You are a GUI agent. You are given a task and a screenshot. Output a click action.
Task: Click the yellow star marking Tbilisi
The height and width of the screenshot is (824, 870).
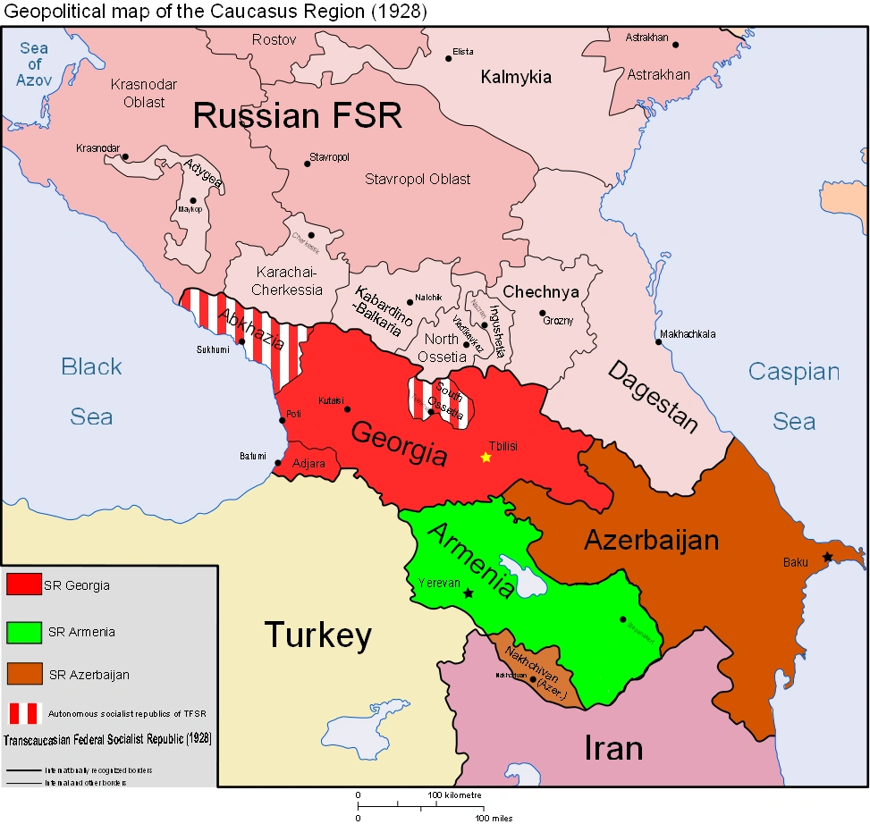tap(486, 458)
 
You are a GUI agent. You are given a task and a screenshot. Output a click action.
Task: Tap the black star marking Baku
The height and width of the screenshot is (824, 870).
tap(827, 557)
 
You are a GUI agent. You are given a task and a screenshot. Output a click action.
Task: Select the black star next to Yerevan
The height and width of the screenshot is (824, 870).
tap(467, 593)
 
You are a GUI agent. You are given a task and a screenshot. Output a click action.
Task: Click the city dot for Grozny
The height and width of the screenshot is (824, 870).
tap(542, 314)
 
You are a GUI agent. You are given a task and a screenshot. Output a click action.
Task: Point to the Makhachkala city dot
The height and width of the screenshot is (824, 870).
tap(658, 343)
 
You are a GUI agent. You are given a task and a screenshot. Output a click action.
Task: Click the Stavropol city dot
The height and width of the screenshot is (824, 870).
tap(308, 164)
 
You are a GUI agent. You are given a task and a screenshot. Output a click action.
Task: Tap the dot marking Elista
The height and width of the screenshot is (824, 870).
tap(449, 59)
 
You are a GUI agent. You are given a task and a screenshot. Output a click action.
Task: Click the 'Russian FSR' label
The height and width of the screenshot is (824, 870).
tap(298, 116)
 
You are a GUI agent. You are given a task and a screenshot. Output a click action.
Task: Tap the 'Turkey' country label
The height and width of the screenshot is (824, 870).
tap(317, 635)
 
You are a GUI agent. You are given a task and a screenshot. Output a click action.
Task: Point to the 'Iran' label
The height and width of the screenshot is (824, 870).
tap(613, 747)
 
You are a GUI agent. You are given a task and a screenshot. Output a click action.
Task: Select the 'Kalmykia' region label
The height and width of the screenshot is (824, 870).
tap(516, 77)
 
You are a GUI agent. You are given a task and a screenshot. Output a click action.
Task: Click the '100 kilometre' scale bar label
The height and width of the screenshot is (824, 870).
tap(453, 795)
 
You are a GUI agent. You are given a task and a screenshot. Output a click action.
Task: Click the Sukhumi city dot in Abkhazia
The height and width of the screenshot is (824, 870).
tap(241, 341)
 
